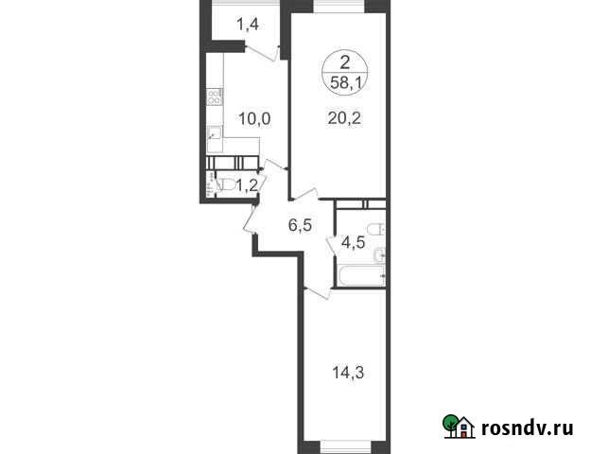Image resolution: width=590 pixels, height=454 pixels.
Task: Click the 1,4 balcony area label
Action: coord(248,25)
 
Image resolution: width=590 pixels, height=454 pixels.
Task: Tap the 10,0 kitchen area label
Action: coord(254,119)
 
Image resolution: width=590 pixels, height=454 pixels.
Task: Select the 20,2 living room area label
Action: coord(344,118)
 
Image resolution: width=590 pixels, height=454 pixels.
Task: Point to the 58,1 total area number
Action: coord(345,82)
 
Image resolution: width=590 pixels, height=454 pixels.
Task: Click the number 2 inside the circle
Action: coord(345,62)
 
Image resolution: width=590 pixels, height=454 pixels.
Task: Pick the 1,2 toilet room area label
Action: coord(247,185)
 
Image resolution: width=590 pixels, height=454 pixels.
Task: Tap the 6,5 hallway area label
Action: coord(300,225)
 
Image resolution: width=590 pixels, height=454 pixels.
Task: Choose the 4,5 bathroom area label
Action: coord(353,242)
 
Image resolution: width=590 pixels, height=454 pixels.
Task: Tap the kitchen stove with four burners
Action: coord(215,96)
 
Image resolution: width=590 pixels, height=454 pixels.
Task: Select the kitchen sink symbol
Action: coord(215,133)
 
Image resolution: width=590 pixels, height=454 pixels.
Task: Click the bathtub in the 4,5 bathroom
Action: coord(361,276)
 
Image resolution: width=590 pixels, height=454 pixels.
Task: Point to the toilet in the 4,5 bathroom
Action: coord(375,228)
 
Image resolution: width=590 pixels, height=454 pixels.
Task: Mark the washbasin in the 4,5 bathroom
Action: coord(379,255)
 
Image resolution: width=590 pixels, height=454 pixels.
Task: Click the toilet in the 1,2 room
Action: coord(225,184)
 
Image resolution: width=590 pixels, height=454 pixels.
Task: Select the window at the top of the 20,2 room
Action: coord(339,6)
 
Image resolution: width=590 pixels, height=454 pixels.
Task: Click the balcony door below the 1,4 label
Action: coord(262,53)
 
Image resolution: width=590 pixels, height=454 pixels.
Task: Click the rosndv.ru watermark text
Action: coord(528,428)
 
